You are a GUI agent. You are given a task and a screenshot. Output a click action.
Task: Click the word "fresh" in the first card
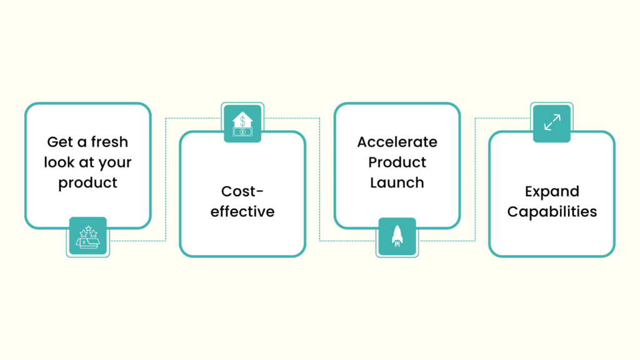[109, 142]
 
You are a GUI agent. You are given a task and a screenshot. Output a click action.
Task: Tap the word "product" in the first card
[87, 183]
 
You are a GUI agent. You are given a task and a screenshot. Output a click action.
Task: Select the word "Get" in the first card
[60, 142]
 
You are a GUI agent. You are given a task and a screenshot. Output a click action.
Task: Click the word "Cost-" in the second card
[242, 191]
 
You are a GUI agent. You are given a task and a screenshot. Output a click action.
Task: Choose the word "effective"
[242, 211]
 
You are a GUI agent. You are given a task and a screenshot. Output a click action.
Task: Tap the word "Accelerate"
[397, 142]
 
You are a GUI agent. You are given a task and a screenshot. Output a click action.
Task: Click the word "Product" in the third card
[397, 162]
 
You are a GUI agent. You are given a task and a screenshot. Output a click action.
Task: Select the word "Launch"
[397, 182]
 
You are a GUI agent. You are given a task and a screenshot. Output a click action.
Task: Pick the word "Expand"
[552, 192]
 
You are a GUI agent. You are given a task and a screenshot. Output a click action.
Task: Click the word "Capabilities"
[552, 212]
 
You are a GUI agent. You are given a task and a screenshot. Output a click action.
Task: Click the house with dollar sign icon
[242, 124]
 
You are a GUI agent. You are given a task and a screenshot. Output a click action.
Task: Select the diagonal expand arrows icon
[552, 122]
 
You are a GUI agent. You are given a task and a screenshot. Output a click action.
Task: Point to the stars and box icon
[87, 237]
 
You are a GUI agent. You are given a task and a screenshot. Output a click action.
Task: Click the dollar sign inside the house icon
[242, 121]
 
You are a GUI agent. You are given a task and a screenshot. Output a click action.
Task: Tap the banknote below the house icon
[242, 132]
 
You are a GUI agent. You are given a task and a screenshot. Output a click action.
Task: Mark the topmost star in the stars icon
[88, 229]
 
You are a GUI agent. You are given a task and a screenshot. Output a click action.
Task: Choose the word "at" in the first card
[86, 162]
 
